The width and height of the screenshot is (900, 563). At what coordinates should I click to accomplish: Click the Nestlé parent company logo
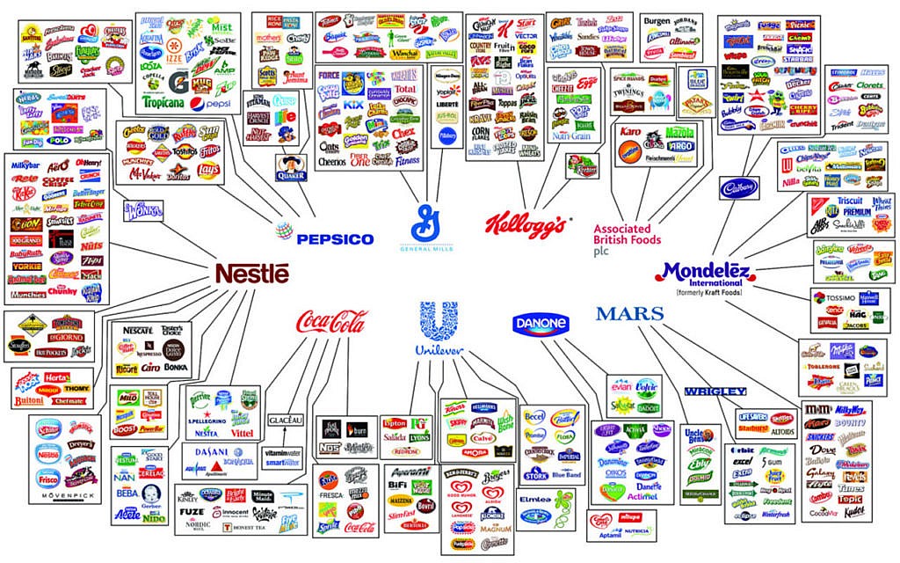tap(252, 274)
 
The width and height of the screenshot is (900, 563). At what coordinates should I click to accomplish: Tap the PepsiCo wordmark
tap(322, 238)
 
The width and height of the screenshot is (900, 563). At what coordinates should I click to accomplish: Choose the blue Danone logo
tap(541, 325)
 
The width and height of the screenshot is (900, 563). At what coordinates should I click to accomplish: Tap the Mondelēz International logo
tap(703, 274)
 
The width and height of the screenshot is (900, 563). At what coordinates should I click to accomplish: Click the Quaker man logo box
tap(291, 167)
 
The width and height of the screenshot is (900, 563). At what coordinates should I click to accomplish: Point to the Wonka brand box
tap(143, 210)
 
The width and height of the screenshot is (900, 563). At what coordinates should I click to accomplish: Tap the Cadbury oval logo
tap(739, 187)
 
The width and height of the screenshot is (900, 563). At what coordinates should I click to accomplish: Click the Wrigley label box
tap(715, 391)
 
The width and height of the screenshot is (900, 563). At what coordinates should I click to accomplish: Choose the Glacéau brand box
tap(285, 420)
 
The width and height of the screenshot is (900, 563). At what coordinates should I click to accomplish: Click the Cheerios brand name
tap(332, 162)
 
